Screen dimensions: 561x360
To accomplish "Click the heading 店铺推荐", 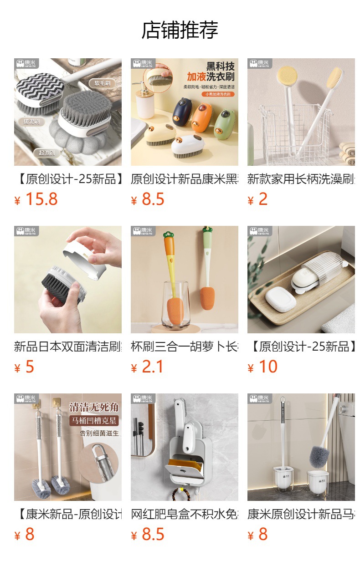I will (180, 30).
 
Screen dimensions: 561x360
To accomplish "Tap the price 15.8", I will (41, 199).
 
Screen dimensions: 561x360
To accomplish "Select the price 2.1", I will (152, 367).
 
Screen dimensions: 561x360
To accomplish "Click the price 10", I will (268, 367).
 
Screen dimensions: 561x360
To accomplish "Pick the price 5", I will (30, 367).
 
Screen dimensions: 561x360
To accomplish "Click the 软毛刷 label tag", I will (102, 83).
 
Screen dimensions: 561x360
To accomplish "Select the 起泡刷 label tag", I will (46, 153).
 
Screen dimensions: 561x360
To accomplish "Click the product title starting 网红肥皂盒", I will (184, 514).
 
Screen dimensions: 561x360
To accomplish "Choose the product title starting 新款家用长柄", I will (301, 179).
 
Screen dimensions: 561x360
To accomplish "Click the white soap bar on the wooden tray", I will (281, 299).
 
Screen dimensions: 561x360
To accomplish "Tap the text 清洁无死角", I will (93, 406).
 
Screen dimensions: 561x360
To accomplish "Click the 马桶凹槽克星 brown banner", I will (94, 420).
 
